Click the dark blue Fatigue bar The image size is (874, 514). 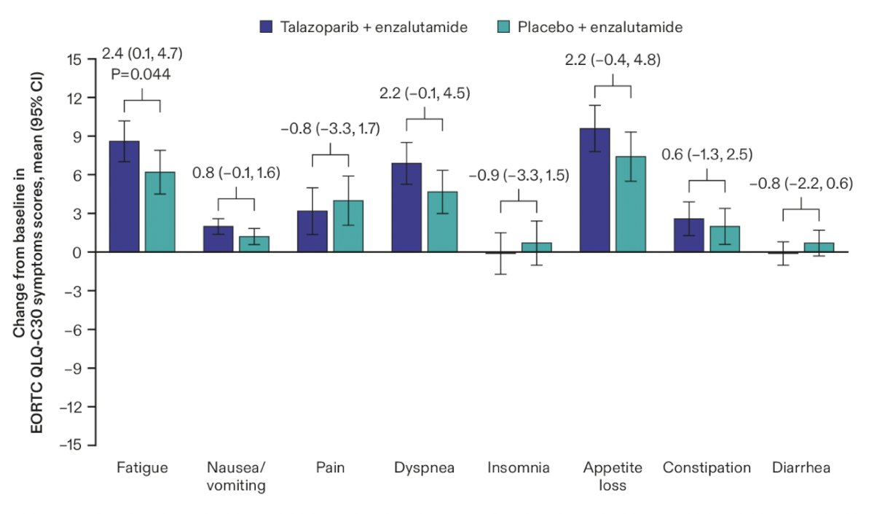(x=124, y=196)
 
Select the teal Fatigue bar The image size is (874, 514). (x=160, y=211)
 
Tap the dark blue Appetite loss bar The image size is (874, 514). (x=595, y=190)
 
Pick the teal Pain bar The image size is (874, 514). (x=348, y=226)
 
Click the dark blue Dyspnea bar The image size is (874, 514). (x=406, y=207)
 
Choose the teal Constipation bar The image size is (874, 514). (x=725, y=239)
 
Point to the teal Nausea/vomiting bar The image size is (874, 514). (x=254, y=244)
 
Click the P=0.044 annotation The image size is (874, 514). (x=141, y=74)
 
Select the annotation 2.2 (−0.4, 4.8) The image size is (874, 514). (x=613, y=60)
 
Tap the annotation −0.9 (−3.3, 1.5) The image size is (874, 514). (x=519, y=176)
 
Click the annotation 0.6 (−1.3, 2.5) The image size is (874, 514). (x=707, y=155)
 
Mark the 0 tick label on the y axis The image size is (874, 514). (x=77, y=252)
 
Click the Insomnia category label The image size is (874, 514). (x=519, y=467)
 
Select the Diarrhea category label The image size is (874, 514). (x=801, y=467)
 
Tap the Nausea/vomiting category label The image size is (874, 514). (x=236, y=477)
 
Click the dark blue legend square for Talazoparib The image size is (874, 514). (x=267, y=26)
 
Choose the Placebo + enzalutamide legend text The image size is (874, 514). (x=599, y=27)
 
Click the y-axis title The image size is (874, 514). (x=28, y=253)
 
